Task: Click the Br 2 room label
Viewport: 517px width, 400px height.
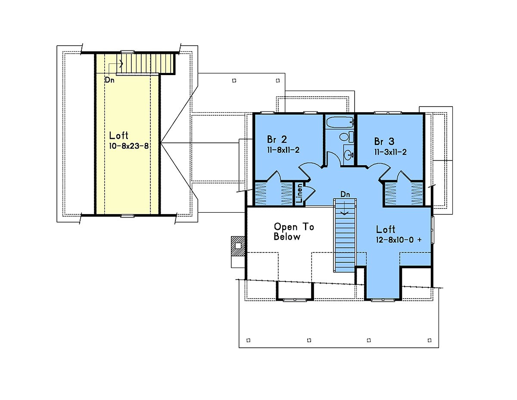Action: [x=277, y=139]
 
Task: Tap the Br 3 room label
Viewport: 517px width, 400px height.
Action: [x=384, y=141]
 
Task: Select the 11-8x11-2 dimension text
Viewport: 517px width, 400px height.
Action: [x=283, y=150]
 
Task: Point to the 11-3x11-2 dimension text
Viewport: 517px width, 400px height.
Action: [x=390, y=152]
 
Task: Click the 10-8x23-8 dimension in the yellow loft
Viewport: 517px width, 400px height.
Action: [x=129, y=146]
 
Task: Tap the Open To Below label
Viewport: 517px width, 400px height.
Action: [x=294, y=232]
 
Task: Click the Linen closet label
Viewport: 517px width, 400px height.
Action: [x=299, y=193]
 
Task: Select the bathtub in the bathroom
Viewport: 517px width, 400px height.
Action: [x=339, y=122]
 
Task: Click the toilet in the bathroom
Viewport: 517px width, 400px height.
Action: [x=346, y=137]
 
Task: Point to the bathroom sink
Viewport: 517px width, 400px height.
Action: [x=349, y=155]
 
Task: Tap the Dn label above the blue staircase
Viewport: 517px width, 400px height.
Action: [x=345, y=195]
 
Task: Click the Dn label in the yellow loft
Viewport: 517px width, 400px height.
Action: [x=109, y=80]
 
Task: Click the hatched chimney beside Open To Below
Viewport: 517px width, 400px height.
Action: [x=238, y=246]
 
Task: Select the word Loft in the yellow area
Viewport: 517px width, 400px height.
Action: [x=118, y=135]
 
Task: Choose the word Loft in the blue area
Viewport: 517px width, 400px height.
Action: [x=386, y=229]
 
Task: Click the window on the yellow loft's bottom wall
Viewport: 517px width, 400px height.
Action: [x=127, y=216]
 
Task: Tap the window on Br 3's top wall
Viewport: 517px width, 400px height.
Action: [x=388, y=113]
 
